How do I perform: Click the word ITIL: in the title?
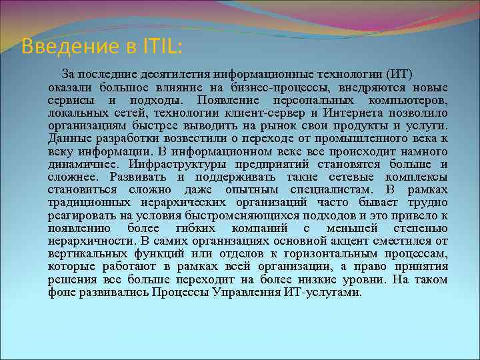[163, 47]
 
